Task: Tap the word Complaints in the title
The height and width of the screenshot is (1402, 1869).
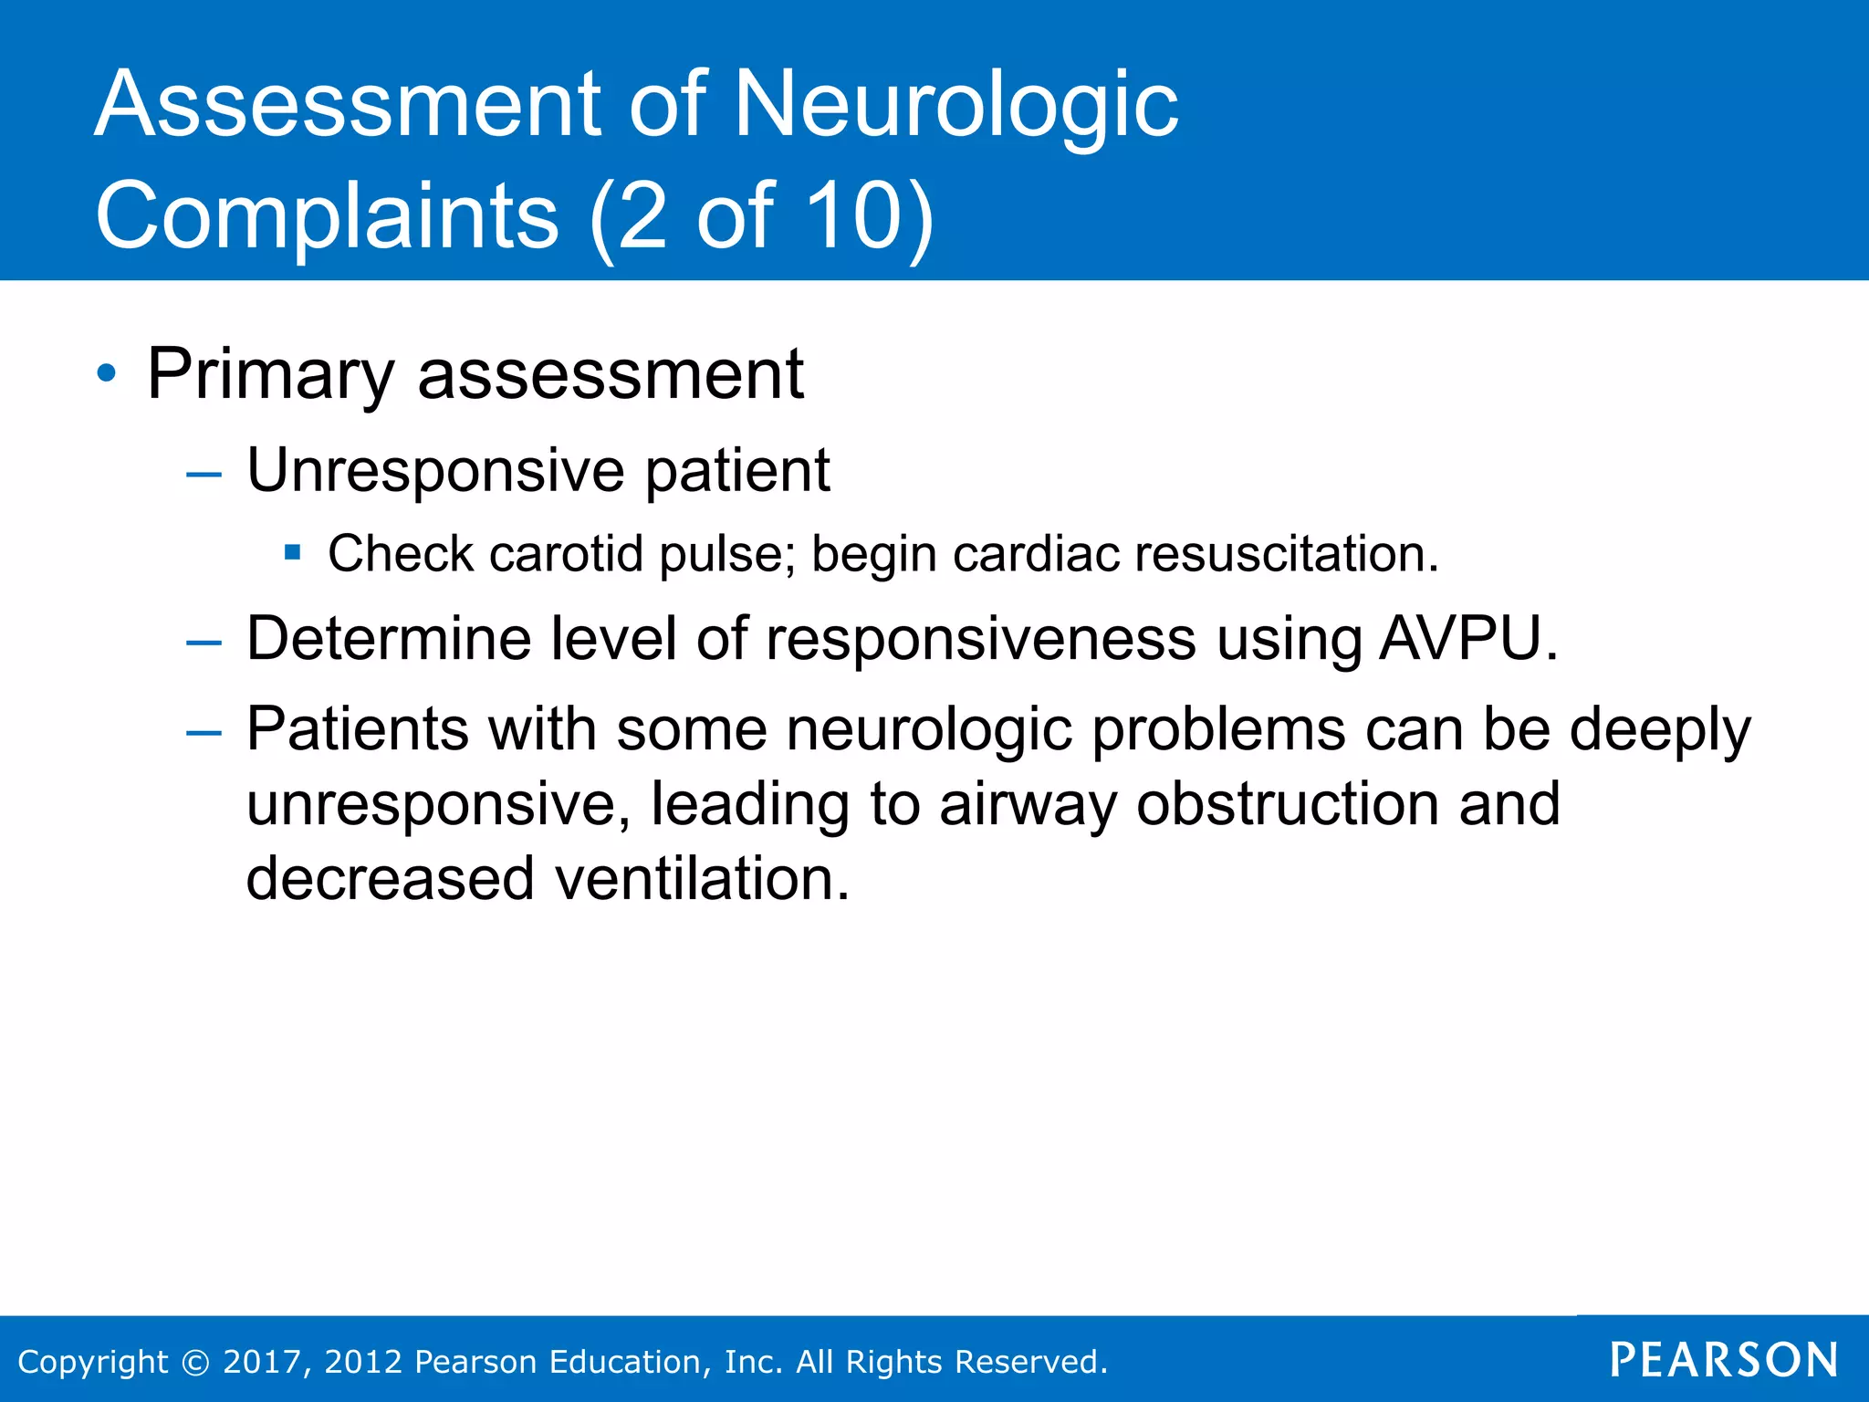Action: [x=327, y=216]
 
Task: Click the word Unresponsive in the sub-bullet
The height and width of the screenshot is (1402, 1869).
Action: [x=436, y=471]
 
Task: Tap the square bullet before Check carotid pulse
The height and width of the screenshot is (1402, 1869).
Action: [x=292, y=551]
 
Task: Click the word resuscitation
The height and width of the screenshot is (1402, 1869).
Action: [x=1286, y=554]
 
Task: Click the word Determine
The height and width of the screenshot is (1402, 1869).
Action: [x=389, y=638]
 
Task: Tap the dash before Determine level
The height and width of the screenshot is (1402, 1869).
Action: [x=204, y=643]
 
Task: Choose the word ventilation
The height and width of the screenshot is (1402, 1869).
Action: [x=702, y=878]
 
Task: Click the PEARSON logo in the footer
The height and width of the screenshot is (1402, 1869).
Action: [x=1724, y=1360]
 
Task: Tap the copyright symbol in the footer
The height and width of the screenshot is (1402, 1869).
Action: [x=195, y=1362]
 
